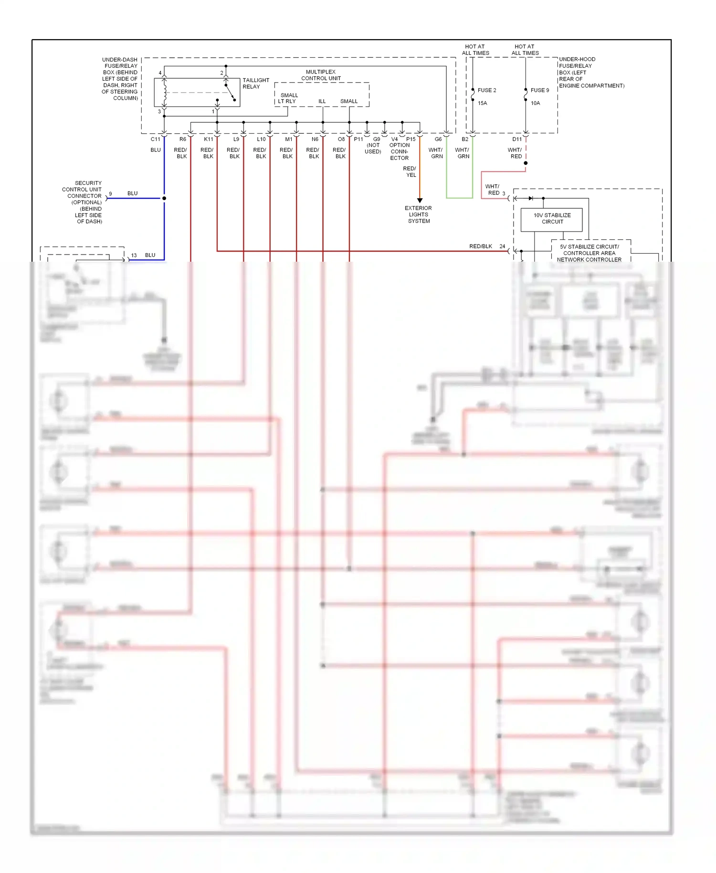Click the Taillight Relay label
pos(255,83)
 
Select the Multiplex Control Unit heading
pos(320,75)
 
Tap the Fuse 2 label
pos(486,90)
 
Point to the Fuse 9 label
pos(539,90)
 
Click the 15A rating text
pos(482,103)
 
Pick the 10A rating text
pos(535,103)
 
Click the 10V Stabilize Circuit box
pos(551,219)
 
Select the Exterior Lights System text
pos(418,214)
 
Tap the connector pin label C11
pos(155,139)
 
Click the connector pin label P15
pos(411,139)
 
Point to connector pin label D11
pos(517,139)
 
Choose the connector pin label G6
pos(438,139)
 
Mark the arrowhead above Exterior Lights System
pos(420,201)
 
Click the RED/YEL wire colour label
pos(410,172)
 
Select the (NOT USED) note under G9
pos(373,149)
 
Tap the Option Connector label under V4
pos(399,151)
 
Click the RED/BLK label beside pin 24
pos(480,246)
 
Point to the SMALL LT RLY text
pos(288,98)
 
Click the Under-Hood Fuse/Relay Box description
pos(591,73)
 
